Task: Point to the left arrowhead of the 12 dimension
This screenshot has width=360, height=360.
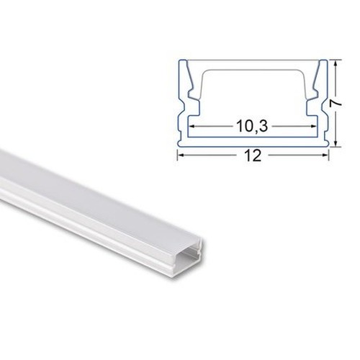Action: point(181,153)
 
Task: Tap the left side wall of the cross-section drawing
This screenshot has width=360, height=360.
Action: point(180,101)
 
